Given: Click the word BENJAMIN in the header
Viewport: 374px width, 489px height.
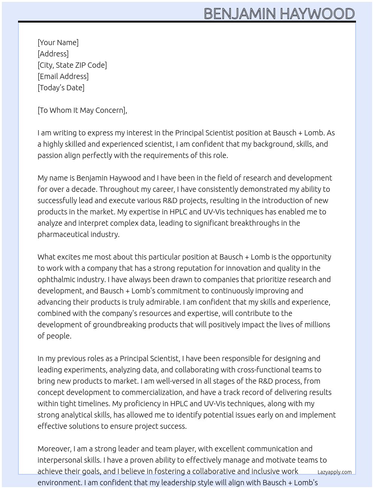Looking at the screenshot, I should pyautogui.click(x=240, y=14).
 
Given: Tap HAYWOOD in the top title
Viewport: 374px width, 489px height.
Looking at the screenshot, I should pyautogui.click(x=317, y=14).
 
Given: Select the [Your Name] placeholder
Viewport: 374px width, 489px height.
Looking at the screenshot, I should pyautogui.click(x=58, y=43).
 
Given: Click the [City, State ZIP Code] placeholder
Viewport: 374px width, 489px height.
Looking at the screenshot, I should pyautogui.click(x=72, y=65).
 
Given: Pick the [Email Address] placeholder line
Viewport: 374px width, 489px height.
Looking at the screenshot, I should pyautogui.click(x=63, y=76).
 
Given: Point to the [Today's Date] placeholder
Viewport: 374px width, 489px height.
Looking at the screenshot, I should pyautogui.click(x=61, y=88).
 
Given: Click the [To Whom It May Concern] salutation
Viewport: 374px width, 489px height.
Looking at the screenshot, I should pyautogui.click(x=82, y=110).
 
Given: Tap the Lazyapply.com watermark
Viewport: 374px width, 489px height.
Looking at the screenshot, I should pyautogui.click(x=334, y=472).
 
